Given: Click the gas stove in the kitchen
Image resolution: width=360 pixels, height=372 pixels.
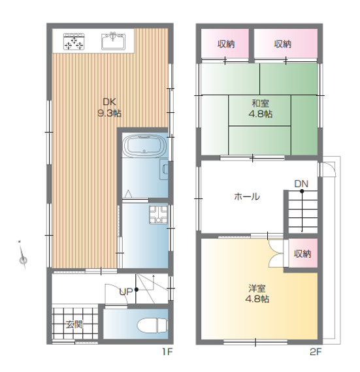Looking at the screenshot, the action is pos(74,42).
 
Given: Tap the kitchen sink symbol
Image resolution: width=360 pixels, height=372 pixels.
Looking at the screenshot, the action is pos(113,41).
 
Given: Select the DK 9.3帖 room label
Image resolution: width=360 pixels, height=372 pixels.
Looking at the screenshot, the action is pos(110,108).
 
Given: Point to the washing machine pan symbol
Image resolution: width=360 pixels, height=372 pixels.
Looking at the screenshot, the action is pos(158,215).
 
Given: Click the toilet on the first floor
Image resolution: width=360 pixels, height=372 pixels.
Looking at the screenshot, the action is pos(152,325).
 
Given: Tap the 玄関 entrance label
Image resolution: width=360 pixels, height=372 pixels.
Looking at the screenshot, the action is pos(74,324).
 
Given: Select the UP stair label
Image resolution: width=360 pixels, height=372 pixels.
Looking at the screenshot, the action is pos(126,292).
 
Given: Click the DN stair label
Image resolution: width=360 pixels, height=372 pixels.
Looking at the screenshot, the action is pos(301,183).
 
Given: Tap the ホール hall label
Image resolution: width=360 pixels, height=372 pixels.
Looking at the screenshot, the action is pos(247,196).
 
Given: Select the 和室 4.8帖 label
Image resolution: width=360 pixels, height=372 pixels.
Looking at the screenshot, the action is pos(260,109).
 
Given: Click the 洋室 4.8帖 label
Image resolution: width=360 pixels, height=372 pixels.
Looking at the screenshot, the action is pos(257,294).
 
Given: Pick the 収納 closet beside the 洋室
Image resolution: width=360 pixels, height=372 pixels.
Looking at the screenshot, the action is pos(303,253).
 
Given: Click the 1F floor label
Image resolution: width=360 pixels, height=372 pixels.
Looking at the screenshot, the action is pos(167,352).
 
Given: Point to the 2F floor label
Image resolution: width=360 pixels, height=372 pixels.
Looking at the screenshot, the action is pos(316,352).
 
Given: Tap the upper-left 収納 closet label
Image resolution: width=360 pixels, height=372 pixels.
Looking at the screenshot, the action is pos(226,44).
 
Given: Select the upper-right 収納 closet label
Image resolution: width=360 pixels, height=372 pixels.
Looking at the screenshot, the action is pos(283,44).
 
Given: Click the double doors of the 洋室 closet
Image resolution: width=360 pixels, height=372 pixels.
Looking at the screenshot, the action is pos(276,253).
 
